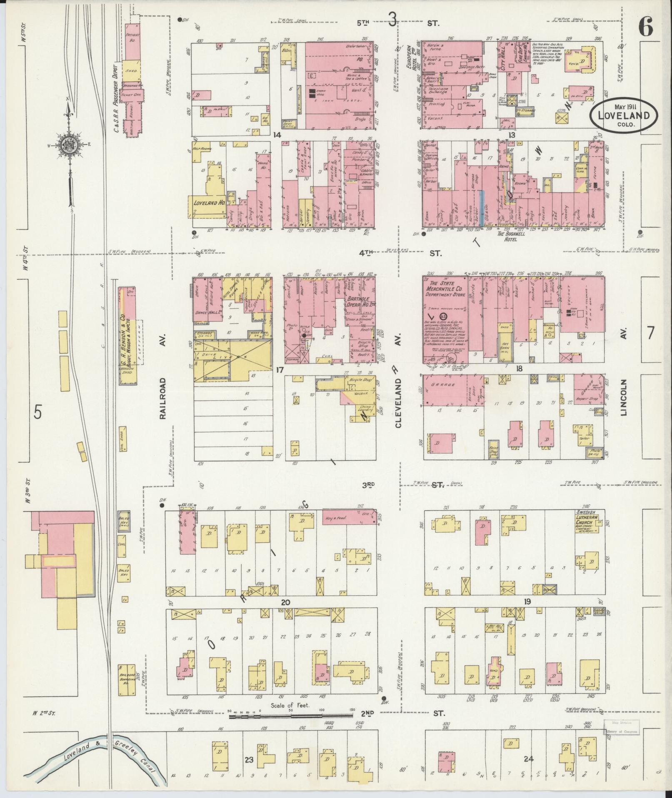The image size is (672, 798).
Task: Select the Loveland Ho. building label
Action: tap(209, 202)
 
